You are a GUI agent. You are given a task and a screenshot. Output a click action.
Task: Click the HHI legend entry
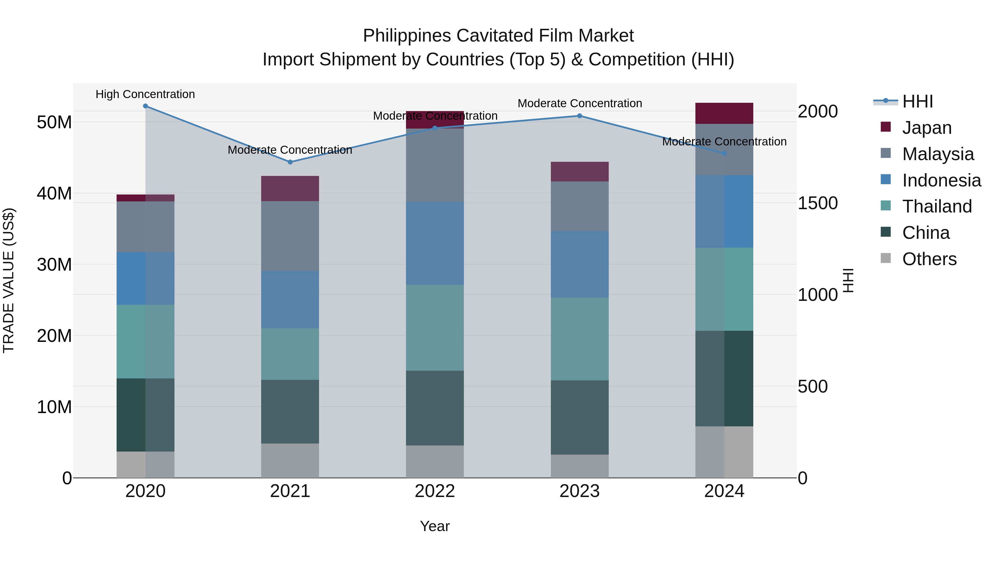tap(917, 101)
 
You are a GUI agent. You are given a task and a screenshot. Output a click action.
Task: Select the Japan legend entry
tap(927, 128)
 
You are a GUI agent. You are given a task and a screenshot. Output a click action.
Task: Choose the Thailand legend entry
tap(937, 206)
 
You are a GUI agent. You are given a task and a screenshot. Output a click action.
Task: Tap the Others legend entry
tap(929, 259)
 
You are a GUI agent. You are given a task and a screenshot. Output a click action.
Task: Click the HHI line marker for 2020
tap(145, 106)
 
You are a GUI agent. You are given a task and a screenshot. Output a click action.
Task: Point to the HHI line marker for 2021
tap(290, 162)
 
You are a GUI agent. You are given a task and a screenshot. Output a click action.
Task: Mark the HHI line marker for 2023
tap(579, 116)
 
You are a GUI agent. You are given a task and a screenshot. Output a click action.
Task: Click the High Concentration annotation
tap(145, 94)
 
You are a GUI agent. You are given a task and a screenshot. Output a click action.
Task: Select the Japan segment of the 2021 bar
tap(290, 189)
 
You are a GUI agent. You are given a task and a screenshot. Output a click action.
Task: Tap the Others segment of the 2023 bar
tap(579, 466)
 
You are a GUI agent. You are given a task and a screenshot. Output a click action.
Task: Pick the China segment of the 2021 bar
tap(290, 412)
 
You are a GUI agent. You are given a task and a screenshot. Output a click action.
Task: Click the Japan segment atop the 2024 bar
tap(724, 113)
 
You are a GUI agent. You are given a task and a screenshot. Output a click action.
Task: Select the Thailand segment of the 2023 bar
tap(579, 339)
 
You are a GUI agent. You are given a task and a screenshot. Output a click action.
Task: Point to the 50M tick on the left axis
tap(54, 122)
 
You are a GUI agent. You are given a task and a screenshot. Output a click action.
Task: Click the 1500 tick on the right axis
tap(818, 203)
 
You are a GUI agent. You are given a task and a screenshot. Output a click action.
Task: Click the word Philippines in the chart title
tap(407, 36)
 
